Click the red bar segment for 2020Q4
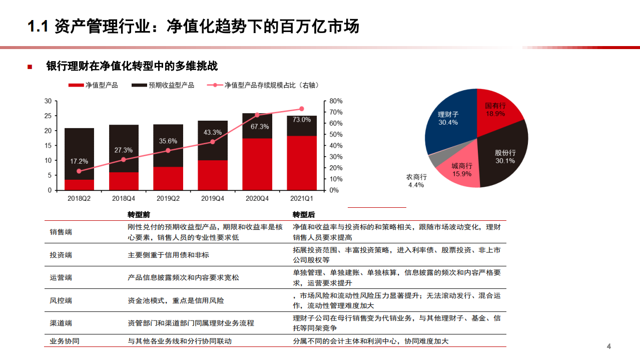(257, 164)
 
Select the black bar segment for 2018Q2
(79, 150)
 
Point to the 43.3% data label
(212, 132)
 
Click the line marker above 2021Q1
(302, 109)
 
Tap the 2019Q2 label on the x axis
(168, 199)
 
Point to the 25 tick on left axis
(48, 116)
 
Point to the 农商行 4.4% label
(416, 181)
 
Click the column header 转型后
(304, 215)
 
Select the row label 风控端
(61, 300)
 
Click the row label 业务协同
(65, 341)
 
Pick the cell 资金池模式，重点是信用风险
(176, 300)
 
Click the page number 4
(609, 346)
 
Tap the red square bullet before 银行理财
(30, 67)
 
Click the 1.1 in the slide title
(37, 26)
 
